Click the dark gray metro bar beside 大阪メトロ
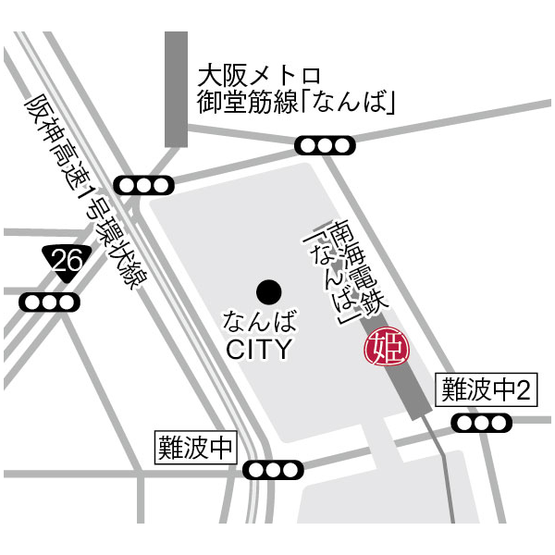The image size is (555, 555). pos(176,89)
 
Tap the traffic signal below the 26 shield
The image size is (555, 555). pos(49,302)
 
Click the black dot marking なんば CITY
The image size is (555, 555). pos(268,292)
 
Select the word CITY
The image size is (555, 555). pos(259,350)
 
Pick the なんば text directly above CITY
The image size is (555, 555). pos(260,323)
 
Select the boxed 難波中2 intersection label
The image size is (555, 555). pos(487,390)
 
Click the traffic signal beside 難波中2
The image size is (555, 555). pos(481,423)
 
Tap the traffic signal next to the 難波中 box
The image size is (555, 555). pos(274,470)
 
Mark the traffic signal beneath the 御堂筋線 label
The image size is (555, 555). pos(324,145)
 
